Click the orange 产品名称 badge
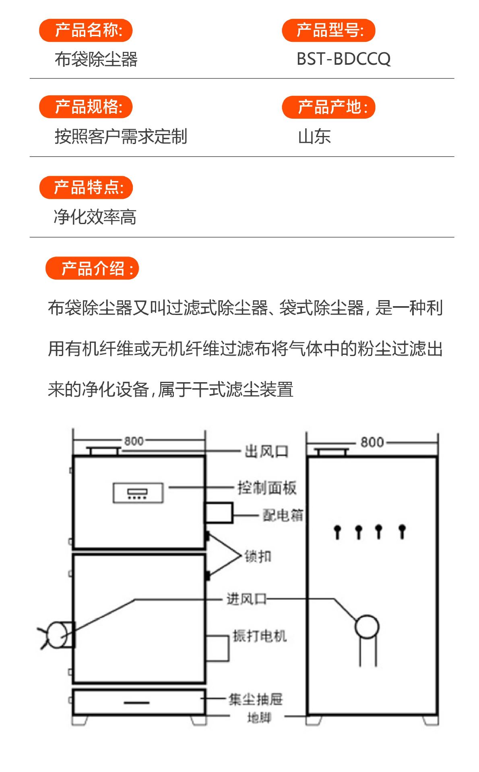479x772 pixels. pyautogui.click(x=86, y=31)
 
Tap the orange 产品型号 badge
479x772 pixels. pyautogui.click(x=328, y=31)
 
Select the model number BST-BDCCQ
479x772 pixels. pyautogui.click(x=343, y=59)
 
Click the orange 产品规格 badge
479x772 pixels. pyautogui.click(x=86, y=107)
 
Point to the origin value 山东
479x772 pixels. pyautogui.click(x=314, y=137)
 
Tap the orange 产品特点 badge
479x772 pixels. pyautogui.click(x=86, y=187)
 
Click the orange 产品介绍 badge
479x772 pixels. pyautogui.click(x=92, y=268)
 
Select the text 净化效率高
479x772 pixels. pyautogui.click(x=95, y=217)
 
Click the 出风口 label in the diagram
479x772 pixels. pyautogui.click(x=266, y=451)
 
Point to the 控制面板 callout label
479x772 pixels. pyautogui.click(x=267, y=488)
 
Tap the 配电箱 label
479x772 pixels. pyautogui.click(x=283, y=515)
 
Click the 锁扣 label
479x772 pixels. pyautogui.click(x=258, y=557)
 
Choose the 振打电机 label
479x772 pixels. pyautogui.click(x=260, y=636)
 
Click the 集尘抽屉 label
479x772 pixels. pyautogui.click(x=256, y=700)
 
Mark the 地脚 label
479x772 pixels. pyautogui.click(x=259, y=717)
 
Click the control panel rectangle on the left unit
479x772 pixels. pyautogui.click(x=138, y=493)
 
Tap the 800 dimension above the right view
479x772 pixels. pyautogui.click(x=372, y=443)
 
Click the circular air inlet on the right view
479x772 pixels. pyautogui.click(x=367, y=627)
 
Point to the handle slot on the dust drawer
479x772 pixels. pyautogui.click(x=136, y=703)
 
